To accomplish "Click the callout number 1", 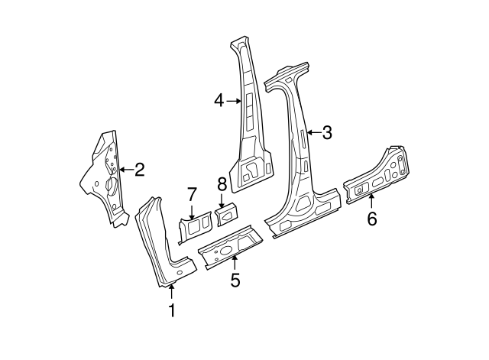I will click(172, 310).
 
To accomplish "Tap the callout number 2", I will click(139, 170).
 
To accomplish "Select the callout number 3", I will click(327, 133).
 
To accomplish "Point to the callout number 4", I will click(219, 100).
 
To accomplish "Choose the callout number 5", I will click(235, 280).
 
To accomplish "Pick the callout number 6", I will click(372, 219).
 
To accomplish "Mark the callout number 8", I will click(222, 183).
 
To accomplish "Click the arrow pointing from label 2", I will click(125, 170).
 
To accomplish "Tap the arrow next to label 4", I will click(233, 100).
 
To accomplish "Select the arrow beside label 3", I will click(313, 133).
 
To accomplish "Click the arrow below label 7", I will click(192, 211).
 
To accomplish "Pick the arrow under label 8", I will click(222, 200).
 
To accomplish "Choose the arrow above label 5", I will click(234, 263).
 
